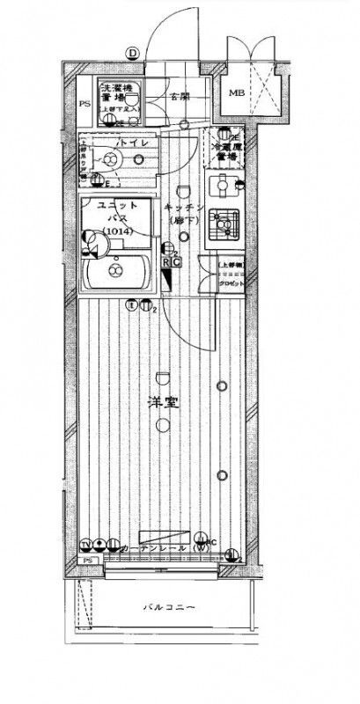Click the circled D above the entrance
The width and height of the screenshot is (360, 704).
coord(132,54)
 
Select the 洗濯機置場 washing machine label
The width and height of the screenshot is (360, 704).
coord(116,94)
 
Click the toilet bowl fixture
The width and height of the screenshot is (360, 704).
coord(110,159)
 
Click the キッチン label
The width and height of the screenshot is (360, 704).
coord(184,208)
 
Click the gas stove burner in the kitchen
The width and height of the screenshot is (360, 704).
coord(225,227)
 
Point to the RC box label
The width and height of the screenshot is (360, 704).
coord(172,263)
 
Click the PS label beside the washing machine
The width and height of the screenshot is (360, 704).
coord(85,103)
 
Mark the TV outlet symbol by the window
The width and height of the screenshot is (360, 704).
coord(88,542)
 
